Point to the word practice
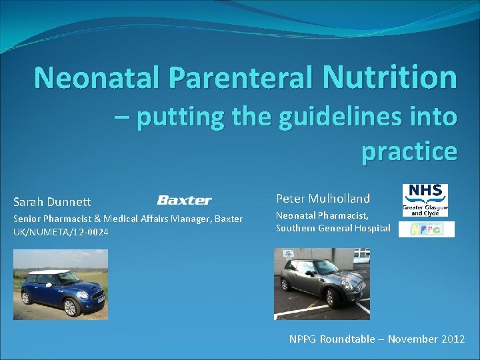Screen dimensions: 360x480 [x=409, y=151]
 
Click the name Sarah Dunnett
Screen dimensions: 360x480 [x=52, y=202]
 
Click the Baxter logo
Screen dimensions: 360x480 [x=184, y=200]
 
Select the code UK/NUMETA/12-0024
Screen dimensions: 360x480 [x=61, y=231]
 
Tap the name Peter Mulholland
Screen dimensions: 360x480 [x=323, y=199]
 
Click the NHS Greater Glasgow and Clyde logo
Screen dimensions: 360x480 [x=425, y=200]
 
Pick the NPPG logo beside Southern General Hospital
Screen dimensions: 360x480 [x=426, y=229]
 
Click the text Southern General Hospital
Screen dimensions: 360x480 [x=333, y=228]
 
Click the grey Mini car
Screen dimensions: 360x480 [x=319, y=283]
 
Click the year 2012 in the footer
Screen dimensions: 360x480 [x=453, y=339]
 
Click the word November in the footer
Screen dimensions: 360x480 [x=413, y=339]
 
